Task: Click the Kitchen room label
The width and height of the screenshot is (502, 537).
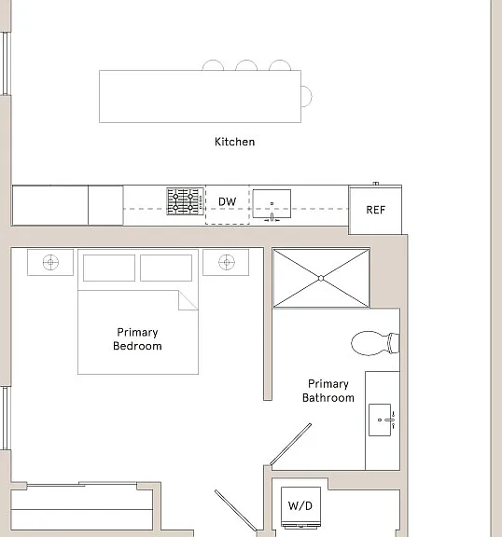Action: (235, 142)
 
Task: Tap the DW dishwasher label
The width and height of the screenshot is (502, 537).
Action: (227, 201)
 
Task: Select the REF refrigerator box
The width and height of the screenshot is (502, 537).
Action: (375, 210)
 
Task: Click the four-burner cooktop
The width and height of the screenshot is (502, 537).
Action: (185, 201)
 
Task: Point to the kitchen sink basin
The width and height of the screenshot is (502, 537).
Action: (272, 203)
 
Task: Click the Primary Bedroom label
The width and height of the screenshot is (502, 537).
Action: (137, 339)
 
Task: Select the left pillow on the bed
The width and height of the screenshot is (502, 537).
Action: (109, 268)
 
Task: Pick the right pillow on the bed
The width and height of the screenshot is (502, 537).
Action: (166, 268)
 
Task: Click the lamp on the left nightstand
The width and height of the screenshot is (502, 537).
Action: (50, 263)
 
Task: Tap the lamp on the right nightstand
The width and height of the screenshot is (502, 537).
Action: (227, 263)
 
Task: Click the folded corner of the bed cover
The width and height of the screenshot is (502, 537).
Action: (188, 300)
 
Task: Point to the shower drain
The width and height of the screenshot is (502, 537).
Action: (321, 279)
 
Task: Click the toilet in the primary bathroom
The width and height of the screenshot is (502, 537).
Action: (375, 343)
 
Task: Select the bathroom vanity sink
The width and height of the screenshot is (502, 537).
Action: (380, 420)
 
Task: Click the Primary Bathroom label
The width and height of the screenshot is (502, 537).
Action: (328, 391)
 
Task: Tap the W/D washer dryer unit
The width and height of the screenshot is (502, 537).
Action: (300, 507)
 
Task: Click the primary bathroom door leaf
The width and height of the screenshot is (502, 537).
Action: (291, 444)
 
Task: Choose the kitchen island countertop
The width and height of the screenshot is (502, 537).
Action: (200, 96)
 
